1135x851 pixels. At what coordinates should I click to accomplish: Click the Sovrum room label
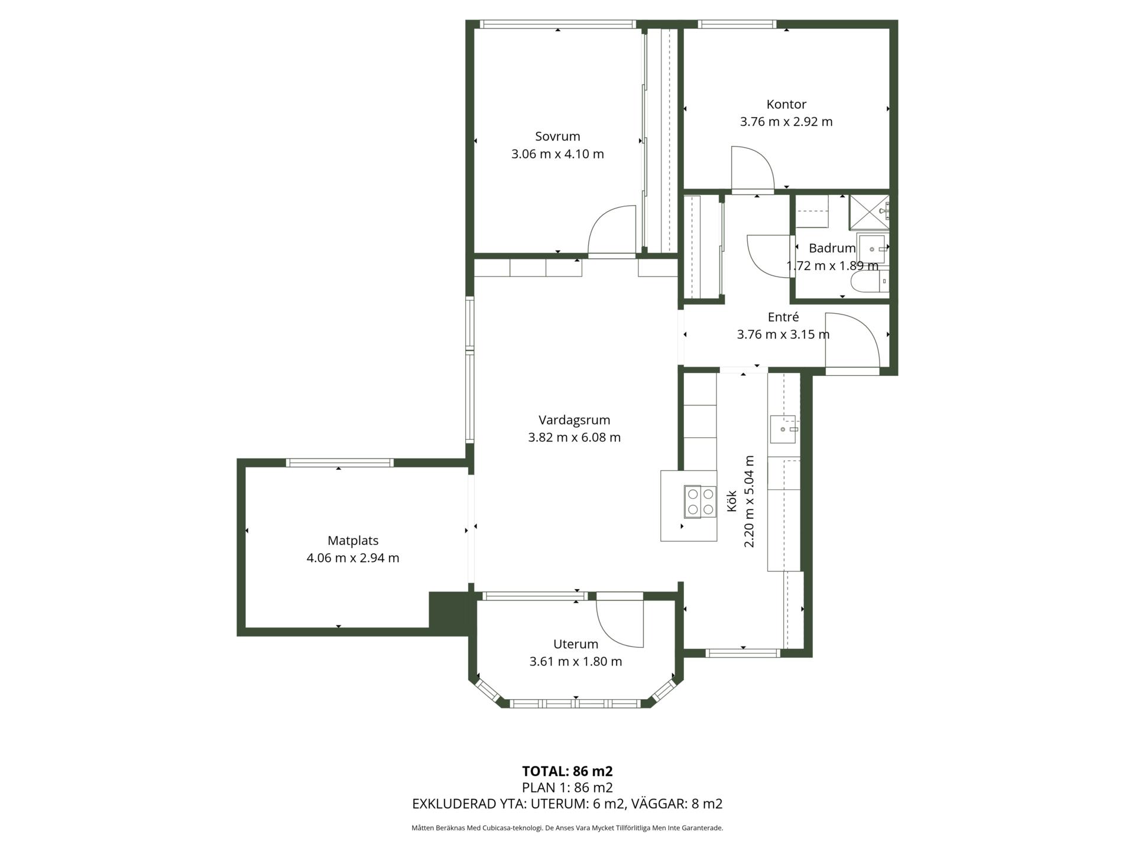point(557,137)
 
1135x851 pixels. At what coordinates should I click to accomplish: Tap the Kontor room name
point(786,105)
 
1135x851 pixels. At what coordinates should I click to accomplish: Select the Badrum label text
point(832,248)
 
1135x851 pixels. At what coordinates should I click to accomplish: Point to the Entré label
point(783,317)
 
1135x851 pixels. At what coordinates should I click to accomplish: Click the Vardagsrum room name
point(574,420)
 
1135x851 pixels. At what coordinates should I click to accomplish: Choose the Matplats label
point(353,541)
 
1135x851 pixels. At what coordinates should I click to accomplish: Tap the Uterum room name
point(576,644)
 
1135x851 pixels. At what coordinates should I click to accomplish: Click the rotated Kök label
point(731,501)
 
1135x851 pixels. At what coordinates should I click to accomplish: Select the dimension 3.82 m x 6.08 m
point(574,437)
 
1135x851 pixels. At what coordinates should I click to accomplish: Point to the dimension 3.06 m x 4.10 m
point(557,154)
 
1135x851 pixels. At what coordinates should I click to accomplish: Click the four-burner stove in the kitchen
point(700,501)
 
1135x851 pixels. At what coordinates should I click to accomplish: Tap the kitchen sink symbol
point(783,429)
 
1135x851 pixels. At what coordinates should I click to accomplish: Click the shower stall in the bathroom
point(869,212)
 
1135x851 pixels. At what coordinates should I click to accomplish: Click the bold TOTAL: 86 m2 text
point(567,771)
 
